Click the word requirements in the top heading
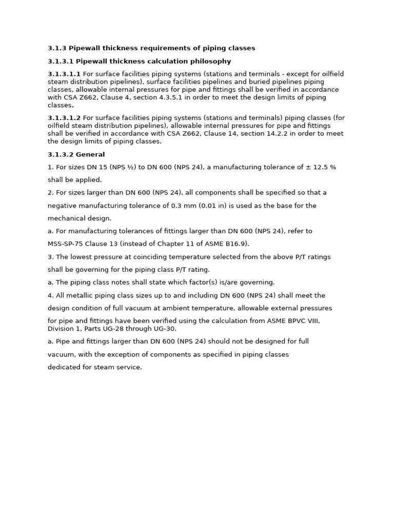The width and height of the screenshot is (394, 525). point(155,48)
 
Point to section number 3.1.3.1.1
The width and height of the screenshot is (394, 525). point(64,74)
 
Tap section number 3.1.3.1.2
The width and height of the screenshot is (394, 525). point(64,118)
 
